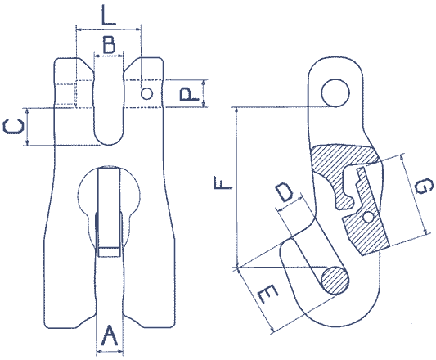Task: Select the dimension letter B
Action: (109, 44)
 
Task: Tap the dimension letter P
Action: (189, 94)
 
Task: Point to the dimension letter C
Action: (13, 126)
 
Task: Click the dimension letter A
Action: (110, 335)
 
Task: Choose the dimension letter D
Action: (284, 192)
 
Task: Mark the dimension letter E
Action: (267, 295)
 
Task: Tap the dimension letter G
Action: (423, 187)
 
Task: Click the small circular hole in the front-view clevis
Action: (146, 94)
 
